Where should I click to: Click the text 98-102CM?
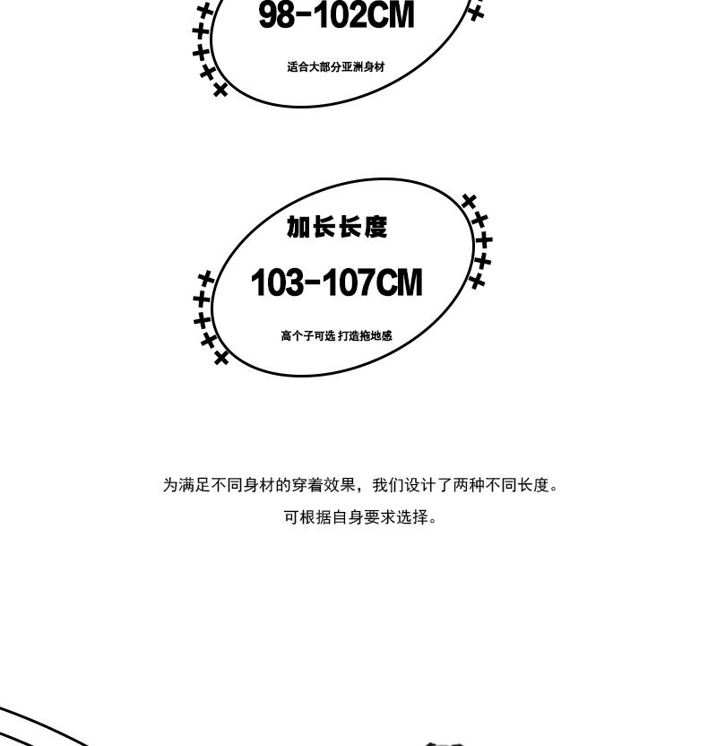coord(336,15)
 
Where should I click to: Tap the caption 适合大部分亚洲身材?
coord(336,67)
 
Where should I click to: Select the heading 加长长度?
coord(337,228)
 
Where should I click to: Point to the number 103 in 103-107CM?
coord(278,283)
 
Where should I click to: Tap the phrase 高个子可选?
coord(307,336)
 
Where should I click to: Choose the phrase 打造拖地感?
coord(366,336)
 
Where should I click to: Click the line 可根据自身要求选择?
coord(358,517)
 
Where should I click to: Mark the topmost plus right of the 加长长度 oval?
coord(469,201)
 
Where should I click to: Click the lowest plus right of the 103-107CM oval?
coord(478,281)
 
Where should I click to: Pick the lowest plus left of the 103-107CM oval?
coord(221,358)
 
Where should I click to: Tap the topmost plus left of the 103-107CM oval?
coord(206,279)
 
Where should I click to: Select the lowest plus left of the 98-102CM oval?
coord(220,90)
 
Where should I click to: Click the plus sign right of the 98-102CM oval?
coord(476,13)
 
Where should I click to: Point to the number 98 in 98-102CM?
coord(278,15)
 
